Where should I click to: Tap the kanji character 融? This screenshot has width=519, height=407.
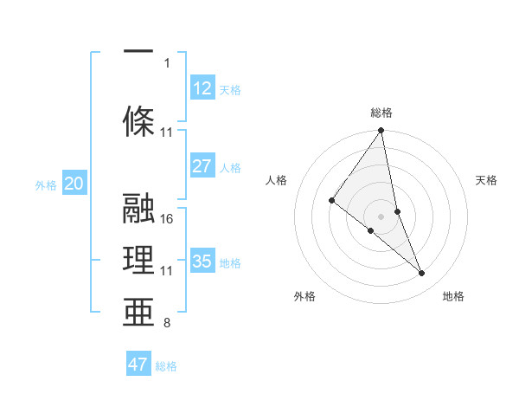138,210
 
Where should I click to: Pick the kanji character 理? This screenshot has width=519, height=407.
138,260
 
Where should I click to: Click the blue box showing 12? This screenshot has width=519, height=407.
202,88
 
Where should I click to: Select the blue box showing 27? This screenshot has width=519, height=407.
202,165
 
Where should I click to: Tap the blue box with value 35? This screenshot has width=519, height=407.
202,261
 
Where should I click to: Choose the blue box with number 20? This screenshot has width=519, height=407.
74,183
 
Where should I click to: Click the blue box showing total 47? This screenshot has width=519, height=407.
138,365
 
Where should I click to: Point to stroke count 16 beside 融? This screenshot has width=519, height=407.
168,219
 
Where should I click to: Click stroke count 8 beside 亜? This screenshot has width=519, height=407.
167,324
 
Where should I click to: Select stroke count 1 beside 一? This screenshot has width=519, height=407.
167,62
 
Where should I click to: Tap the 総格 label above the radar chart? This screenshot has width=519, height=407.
381,113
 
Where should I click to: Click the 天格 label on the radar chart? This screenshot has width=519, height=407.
486,180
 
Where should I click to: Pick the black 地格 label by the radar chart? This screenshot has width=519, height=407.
453,296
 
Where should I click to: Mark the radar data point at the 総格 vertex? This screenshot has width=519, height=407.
381,131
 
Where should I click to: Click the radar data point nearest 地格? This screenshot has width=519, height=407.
422,274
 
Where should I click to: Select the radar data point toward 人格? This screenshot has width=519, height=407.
332,200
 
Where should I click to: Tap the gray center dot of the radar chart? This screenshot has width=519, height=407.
381,216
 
